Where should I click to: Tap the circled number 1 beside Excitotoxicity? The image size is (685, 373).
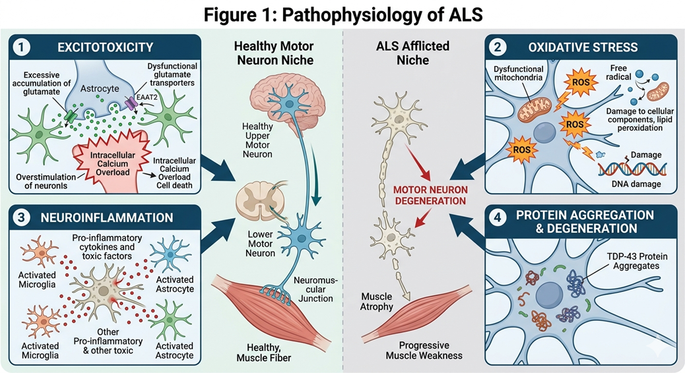coord(24,47)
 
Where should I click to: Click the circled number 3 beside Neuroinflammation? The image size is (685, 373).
coord(24,217)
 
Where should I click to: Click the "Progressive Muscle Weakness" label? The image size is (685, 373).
coord(424,351)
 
